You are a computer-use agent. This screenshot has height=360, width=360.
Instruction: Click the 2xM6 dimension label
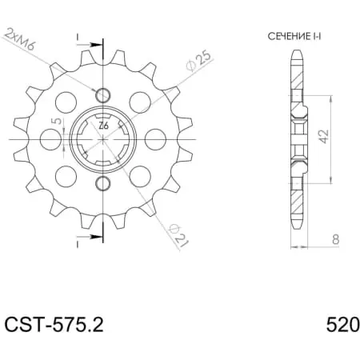click(x=20, y=38)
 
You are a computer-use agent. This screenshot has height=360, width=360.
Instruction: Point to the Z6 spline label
click(x=103, y=126)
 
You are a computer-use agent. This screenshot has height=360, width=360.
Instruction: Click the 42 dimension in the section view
click(x=324, y=136)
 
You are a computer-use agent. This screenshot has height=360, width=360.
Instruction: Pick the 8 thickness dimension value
click(x=336, y=239)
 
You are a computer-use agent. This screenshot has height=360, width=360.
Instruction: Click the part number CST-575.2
click(x=54, y=325)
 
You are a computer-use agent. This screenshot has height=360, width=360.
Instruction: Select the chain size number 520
click(x=343, y=325)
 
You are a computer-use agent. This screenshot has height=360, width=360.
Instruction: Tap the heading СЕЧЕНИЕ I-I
click(x=294, y=36)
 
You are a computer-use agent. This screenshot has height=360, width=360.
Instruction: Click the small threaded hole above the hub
click(x=102, y=94)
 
